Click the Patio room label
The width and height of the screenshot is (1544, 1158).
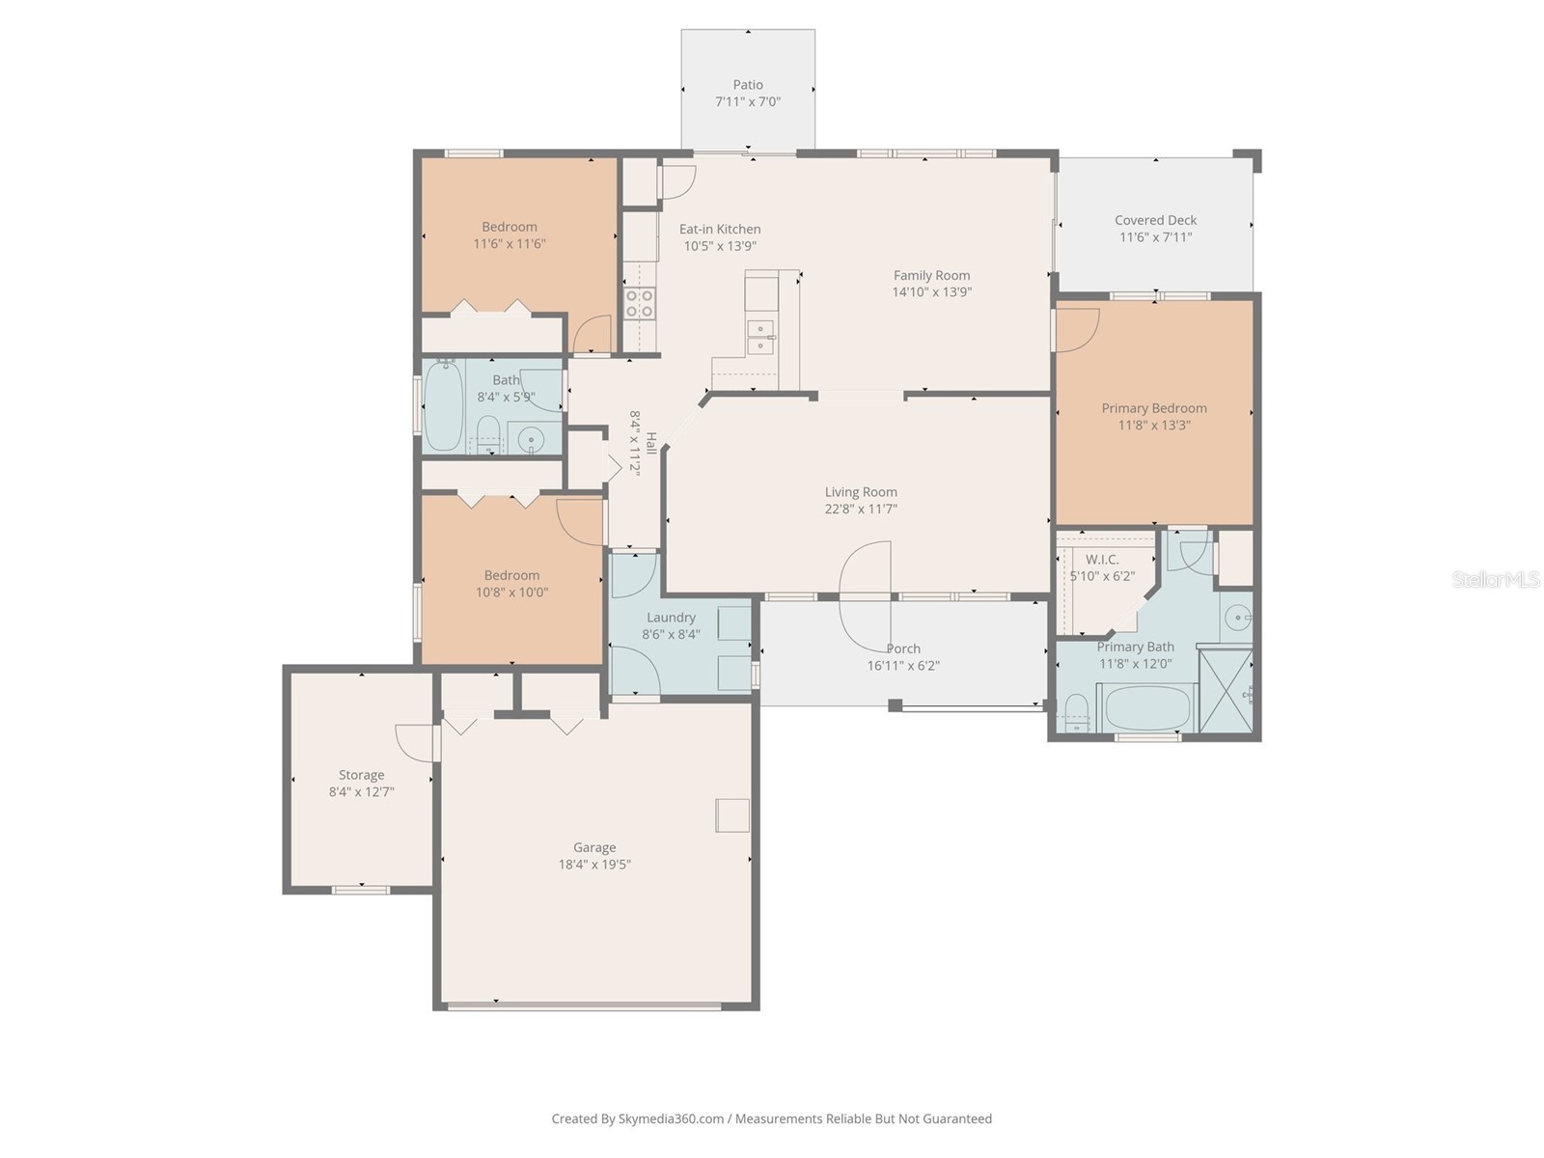(x=748, y=85)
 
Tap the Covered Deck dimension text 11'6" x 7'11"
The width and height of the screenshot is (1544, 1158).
(x=1155, y=237)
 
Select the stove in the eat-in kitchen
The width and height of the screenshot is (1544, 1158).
(x=640, y=303)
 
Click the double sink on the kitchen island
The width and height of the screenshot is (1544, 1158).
(x=761, y=335)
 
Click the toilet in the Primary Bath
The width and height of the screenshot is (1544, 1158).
(x=1075, y=714)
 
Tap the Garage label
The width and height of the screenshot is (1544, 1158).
(x=594, y=847)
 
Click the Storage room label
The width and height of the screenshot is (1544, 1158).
(x=361, y=775)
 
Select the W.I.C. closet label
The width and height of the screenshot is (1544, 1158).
(x=1102, y=560)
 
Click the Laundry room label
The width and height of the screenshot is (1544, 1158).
(x=671, y=618)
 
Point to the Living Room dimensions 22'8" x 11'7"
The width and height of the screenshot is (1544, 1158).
(x=861, y=509)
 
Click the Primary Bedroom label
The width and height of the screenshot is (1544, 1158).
(x=1154, y=408)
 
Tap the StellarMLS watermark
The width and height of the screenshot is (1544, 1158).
(x=1496, y=579)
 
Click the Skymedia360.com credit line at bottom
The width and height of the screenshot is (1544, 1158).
(x=771, y=1118)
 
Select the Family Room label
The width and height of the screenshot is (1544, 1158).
(x=931, y=275)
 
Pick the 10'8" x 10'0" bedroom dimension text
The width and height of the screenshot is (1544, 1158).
(x=511, y=593)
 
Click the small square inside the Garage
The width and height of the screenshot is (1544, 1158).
(x=731, y=815)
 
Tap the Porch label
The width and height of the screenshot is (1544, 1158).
(x=903, y=648)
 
